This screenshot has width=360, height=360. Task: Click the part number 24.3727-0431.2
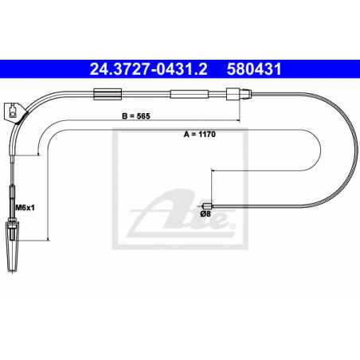(x=148, y=69)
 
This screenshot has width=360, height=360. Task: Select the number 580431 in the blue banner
(x=254, y=69)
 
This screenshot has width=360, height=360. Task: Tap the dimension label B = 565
(x=136, y=116)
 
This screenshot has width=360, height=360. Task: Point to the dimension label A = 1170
(x=200, y=134)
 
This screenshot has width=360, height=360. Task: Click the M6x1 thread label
(x=25, y=207)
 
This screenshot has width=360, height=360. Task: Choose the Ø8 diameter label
(x=205, y=213)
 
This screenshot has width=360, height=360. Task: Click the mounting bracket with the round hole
(x=14, y=112)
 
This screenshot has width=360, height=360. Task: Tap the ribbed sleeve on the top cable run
(x=108, y=94)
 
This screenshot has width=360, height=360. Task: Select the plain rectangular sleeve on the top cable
(x=190, y=94)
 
